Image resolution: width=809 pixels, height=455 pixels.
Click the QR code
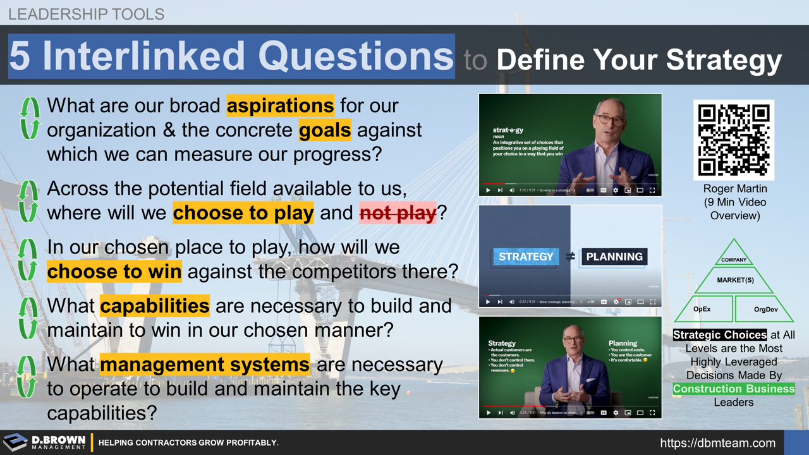733,140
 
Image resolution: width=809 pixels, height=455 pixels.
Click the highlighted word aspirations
280,106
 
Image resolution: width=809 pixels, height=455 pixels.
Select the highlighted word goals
325,130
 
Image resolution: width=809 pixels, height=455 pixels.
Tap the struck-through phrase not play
398,213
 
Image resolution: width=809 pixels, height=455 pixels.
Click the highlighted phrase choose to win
114,272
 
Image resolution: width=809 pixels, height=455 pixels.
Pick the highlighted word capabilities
154,306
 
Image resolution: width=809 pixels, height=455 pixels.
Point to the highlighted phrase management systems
205,365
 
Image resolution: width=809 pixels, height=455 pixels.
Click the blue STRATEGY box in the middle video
526,257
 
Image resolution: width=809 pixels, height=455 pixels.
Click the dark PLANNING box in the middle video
614,257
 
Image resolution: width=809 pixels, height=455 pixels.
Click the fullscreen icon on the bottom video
652,413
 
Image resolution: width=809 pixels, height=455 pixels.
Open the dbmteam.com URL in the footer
717,443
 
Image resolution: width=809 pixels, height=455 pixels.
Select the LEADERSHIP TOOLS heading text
86,14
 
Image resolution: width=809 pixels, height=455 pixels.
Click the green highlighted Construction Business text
733,389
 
